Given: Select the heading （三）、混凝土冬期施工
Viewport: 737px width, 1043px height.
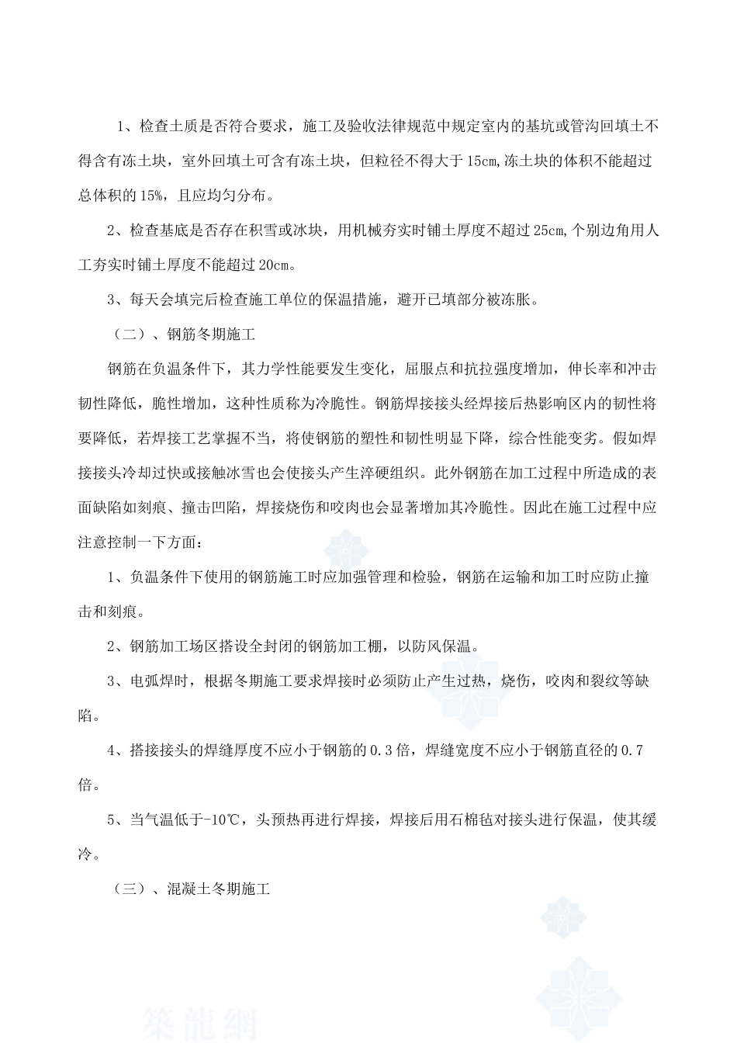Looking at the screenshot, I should (192, 889).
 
